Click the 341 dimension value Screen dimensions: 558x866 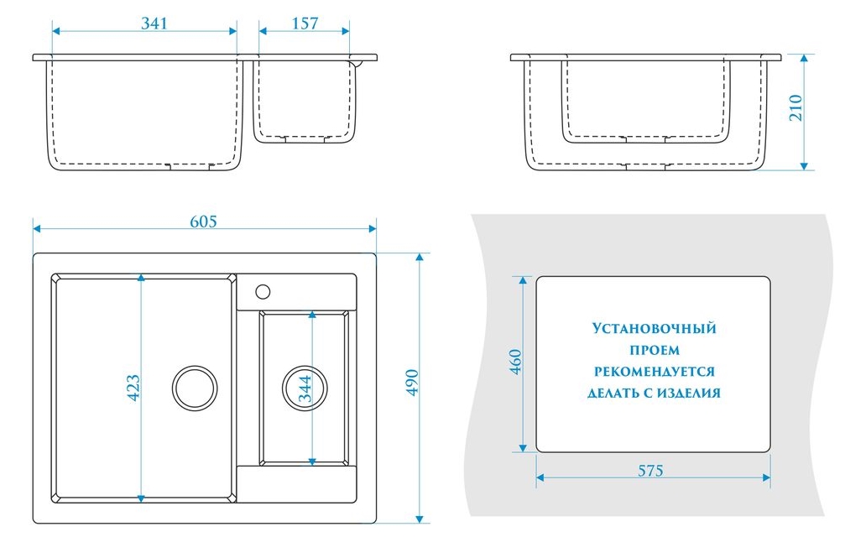[154, 23]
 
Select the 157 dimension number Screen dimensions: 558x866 [305, 23]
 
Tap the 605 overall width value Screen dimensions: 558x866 [203, 222]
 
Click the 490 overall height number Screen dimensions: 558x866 [411, 383]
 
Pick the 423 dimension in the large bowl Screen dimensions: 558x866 [133, 387]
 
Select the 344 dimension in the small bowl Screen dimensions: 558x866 [305, 389]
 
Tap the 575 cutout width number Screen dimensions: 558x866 [649, 471]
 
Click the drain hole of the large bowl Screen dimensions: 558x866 [195, 388]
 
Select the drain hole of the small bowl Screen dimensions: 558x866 [302, 388]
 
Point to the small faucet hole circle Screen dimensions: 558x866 [262, 291]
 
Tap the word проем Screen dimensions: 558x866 [654, 350]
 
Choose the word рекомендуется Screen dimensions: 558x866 [654, 371]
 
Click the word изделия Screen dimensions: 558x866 [689, 393]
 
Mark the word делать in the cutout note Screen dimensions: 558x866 [615, 393]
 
